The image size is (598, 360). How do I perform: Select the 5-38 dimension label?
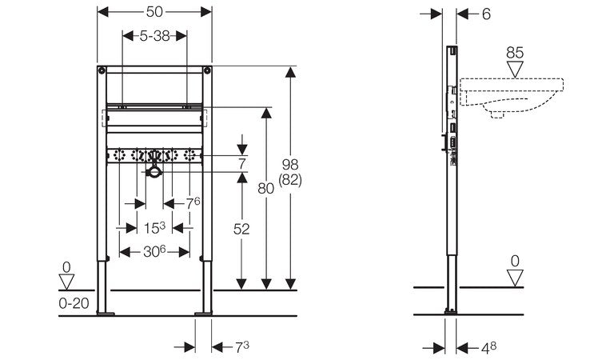click(154, 36)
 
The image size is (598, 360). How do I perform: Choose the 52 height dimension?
click(241, 229)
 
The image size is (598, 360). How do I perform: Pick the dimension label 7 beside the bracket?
click(241, 165)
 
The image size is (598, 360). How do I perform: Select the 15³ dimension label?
click(155, 228)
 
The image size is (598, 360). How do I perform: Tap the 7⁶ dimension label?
click(193, 202)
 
